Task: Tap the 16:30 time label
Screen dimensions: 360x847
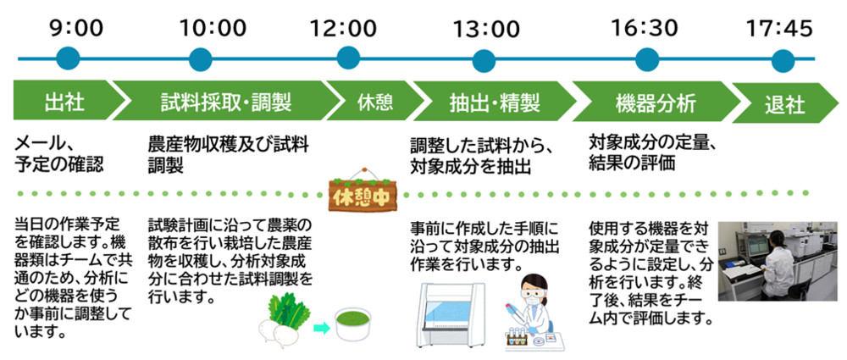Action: [646, 27]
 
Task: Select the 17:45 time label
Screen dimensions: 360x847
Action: [779, 27]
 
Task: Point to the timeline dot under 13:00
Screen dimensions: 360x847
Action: [484, 59]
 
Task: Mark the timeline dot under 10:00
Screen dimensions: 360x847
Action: [200, 59]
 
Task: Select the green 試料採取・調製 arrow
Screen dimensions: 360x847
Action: [224, 103]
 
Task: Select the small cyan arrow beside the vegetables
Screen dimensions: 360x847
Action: [321, 325]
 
